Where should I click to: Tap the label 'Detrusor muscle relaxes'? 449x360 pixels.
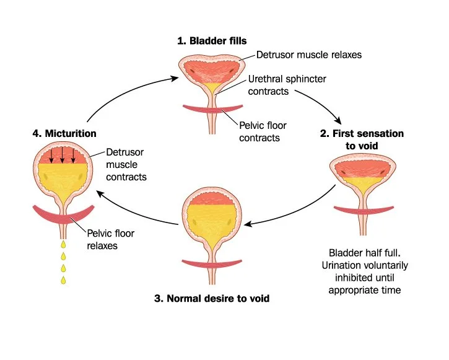point(308,55)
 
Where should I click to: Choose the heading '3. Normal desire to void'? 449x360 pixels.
point(212,298)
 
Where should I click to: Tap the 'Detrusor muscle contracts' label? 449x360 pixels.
point(126,164)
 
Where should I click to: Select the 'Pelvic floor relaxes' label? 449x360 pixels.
point(110,239)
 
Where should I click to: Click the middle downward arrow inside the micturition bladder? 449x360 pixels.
point(63,155)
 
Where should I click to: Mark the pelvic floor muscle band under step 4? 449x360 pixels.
point(63,216)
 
